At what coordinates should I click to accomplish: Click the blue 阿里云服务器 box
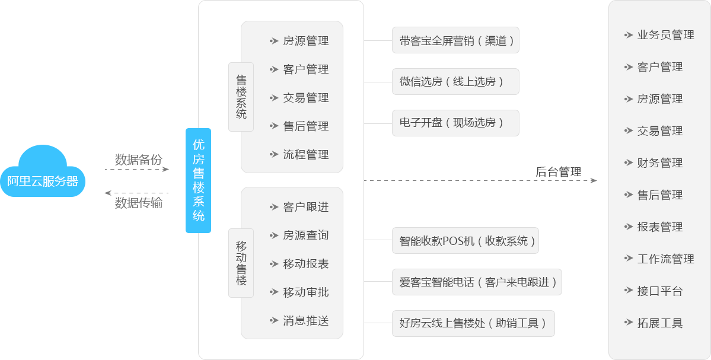pyautogui.click(x=42, y=181)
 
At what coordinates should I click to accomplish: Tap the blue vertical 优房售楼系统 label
pyautogui.click(x=198, y=180)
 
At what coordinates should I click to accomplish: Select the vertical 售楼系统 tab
pyautogui.click(x=241, y=97)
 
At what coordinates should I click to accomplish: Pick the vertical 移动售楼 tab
pyautogui.click(x=241, y=263)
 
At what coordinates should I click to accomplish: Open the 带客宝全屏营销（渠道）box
pyautogui.click(x=455, y=41)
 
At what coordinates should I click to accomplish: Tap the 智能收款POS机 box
pyautogui.click(x=466, y=241)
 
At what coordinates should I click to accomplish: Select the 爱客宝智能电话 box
pyautogui.click(x=477, y=282)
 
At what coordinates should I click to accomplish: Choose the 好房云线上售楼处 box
pyautogui.click(x=473, y=323)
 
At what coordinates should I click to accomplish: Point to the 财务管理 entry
pyautogui.click(x=659, y=163)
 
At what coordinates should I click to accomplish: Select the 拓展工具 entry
pyautogui.click(x=659, y=323)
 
